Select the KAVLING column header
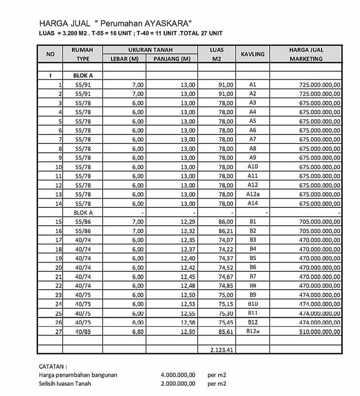point(252,54)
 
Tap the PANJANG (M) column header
point(172,59)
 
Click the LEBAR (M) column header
point(124,59)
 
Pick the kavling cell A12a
point(252,194)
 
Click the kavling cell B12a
point(252,331)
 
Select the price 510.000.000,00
point(320,332)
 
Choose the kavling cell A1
point(252,84)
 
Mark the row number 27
point(58,332)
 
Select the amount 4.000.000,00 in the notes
point(178,375)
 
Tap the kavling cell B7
point(252,276)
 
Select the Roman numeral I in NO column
point(50,75)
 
